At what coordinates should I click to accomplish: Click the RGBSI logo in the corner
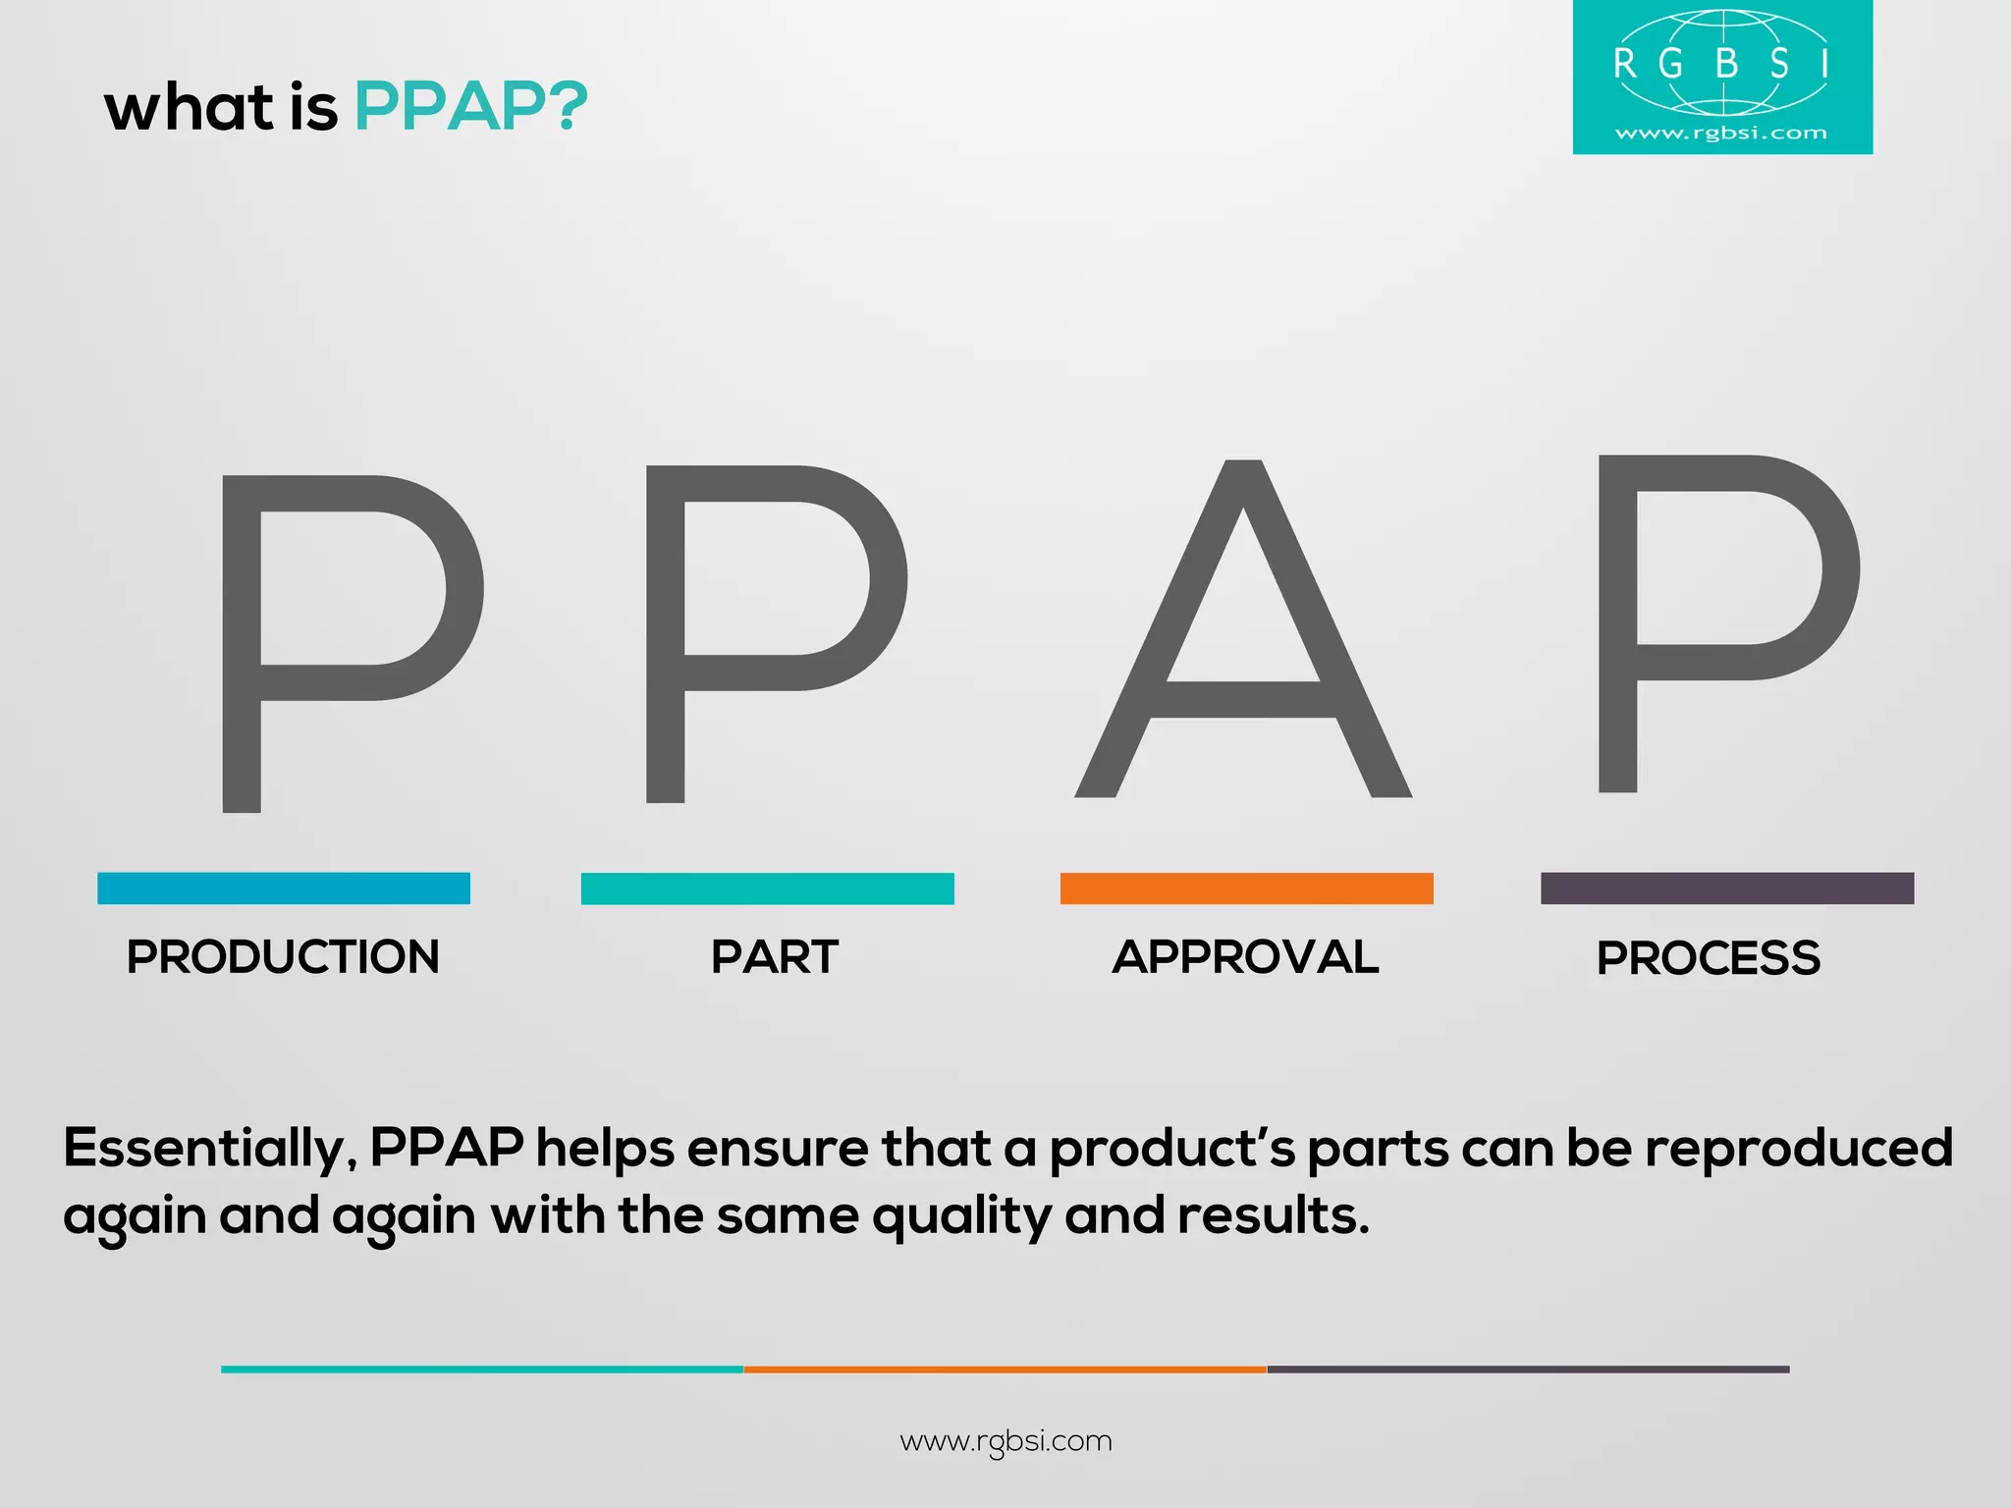1722,77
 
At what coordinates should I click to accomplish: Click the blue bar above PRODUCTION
284,889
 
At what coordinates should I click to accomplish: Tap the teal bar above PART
767,889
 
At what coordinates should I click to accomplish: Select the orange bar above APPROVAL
1246,889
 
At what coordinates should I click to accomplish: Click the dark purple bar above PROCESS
1727,889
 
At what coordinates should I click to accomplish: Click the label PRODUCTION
283,957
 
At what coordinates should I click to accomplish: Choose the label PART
775,957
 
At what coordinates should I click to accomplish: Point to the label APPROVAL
1245,957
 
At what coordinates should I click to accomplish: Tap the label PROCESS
1709,958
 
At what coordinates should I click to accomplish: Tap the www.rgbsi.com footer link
1005,1441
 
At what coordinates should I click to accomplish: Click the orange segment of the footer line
1005,1369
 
